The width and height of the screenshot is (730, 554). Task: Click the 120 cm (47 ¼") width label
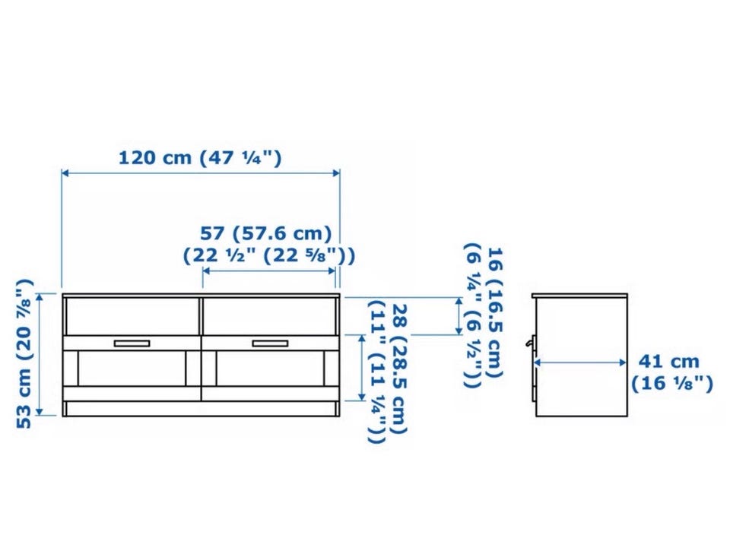point(200,157)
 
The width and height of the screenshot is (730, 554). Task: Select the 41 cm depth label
point(668,361)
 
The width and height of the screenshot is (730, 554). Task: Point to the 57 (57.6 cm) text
point(266,233)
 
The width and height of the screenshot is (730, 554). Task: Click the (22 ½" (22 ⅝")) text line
point(268,255)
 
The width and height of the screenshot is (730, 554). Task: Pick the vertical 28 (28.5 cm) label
point(399,368)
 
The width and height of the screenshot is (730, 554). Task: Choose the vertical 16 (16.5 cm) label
point(494,312)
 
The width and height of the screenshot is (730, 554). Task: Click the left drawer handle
point(132,343)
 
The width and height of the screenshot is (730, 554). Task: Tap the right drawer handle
point(270,343)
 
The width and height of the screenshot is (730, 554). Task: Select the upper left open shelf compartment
point(132,316)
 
